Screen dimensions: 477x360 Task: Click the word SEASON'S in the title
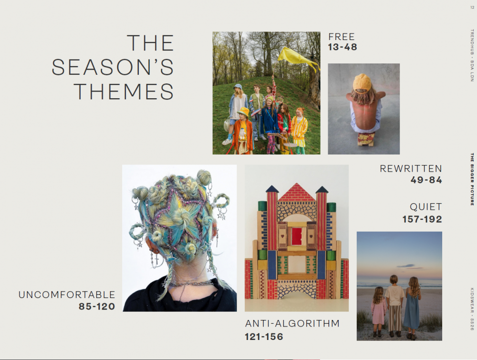[x=113, y=67]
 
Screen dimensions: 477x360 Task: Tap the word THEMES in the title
[x=124, y=92]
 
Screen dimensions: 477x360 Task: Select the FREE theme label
[x=342, y=37]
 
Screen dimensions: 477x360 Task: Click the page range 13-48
[x=342, y=47]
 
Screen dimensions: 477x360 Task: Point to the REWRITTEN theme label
[x=411, y=168]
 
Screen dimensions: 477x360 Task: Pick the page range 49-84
[x=426, y=180]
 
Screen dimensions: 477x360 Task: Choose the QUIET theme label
[x=425, y=207]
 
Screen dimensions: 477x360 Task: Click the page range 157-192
[x=422, y=219]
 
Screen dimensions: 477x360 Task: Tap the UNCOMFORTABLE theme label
[x=67, y=295]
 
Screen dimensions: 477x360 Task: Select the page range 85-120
[x=97, y=307]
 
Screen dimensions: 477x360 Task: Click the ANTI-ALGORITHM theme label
[x=292, y=323]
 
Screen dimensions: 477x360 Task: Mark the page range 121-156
[x=264, y=337]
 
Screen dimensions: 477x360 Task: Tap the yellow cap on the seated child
[x=362, y=82]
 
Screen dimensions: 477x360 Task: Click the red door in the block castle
[x=297, y=236]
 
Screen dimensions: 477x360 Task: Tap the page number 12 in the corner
[x=472, y=8]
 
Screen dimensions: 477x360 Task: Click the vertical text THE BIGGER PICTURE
[x=472, y=179]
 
